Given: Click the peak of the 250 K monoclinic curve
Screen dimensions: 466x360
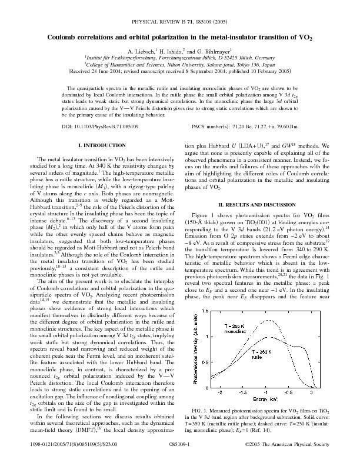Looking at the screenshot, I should [x=268, y=321].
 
